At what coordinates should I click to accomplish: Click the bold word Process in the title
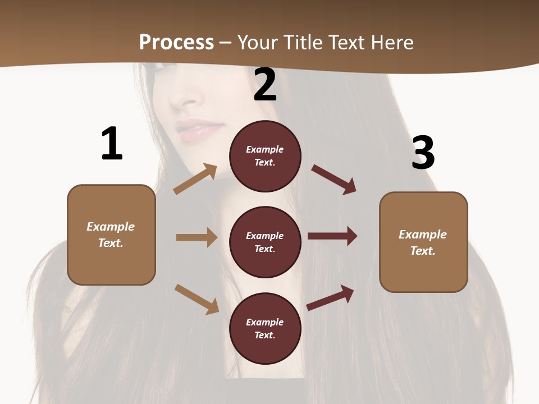(x=176, y=43)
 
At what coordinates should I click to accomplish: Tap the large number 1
(x=112, y=144)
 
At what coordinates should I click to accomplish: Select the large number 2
(x=265, y=85)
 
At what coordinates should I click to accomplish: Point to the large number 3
(x=423, y=153)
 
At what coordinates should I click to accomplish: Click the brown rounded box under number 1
(x=111, y=235)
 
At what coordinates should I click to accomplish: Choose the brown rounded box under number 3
(x=423, y=242)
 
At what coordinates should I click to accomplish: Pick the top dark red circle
(x=265, y=156)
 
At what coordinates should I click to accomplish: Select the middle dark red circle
(x=265, y=242)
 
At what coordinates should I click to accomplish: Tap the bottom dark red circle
(x=265, y=328)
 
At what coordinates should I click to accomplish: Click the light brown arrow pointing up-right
(x=195, y=178)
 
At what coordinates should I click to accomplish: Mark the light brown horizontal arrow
(x=197, y=237)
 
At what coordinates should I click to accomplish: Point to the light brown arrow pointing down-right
(x=197, y=299)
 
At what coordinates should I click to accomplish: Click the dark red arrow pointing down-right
(x=334, y=180)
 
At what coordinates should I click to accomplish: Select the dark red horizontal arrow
(x=332, y=236)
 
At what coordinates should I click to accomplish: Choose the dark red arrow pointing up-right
(x=330, y=297)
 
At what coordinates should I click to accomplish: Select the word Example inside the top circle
(x=265, y=149)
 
